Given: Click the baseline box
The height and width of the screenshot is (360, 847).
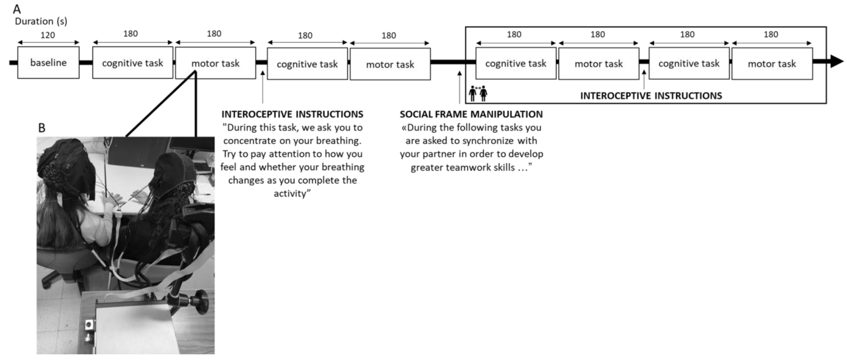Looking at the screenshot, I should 48,63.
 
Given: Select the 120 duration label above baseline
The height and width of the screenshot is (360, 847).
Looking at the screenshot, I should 48,35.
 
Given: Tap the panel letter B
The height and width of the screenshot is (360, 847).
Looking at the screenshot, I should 42,128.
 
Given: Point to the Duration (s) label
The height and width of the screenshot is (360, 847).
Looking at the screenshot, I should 41,21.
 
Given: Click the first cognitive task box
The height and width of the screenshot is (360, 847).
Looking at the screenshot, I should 133,63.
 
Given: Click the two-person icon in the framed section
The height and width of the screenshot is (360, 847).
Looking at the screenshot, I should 478,93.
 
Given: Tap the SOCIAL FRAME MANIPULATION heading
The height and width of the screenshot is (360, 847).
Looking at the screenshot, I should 471,114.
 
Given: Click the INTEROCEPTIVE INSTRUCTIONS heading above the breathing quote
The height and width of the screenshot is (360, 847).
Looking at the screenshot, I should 292,114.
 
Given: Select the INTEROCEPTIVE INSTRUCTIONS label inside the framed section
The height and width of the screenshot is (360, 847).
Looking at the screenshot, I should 651,96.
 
